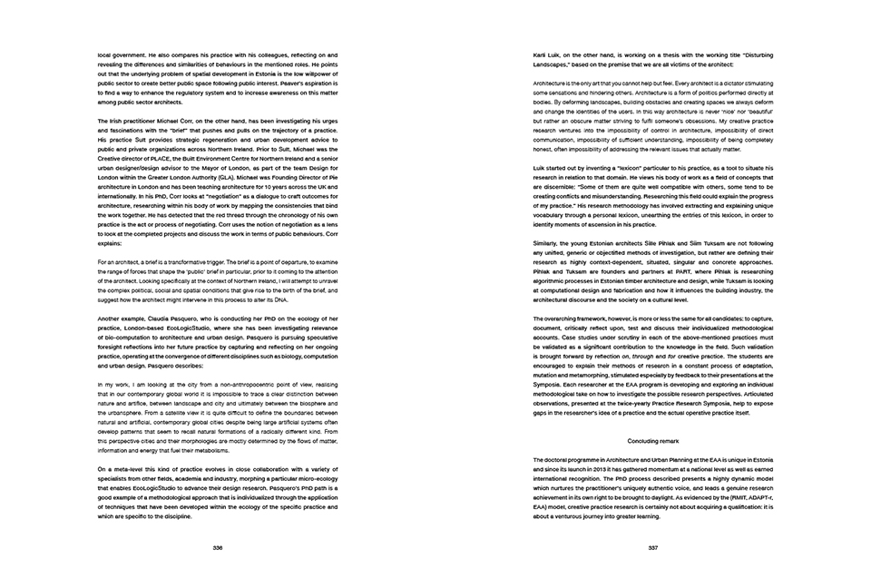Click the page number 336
218,547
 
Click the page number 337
653,547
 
